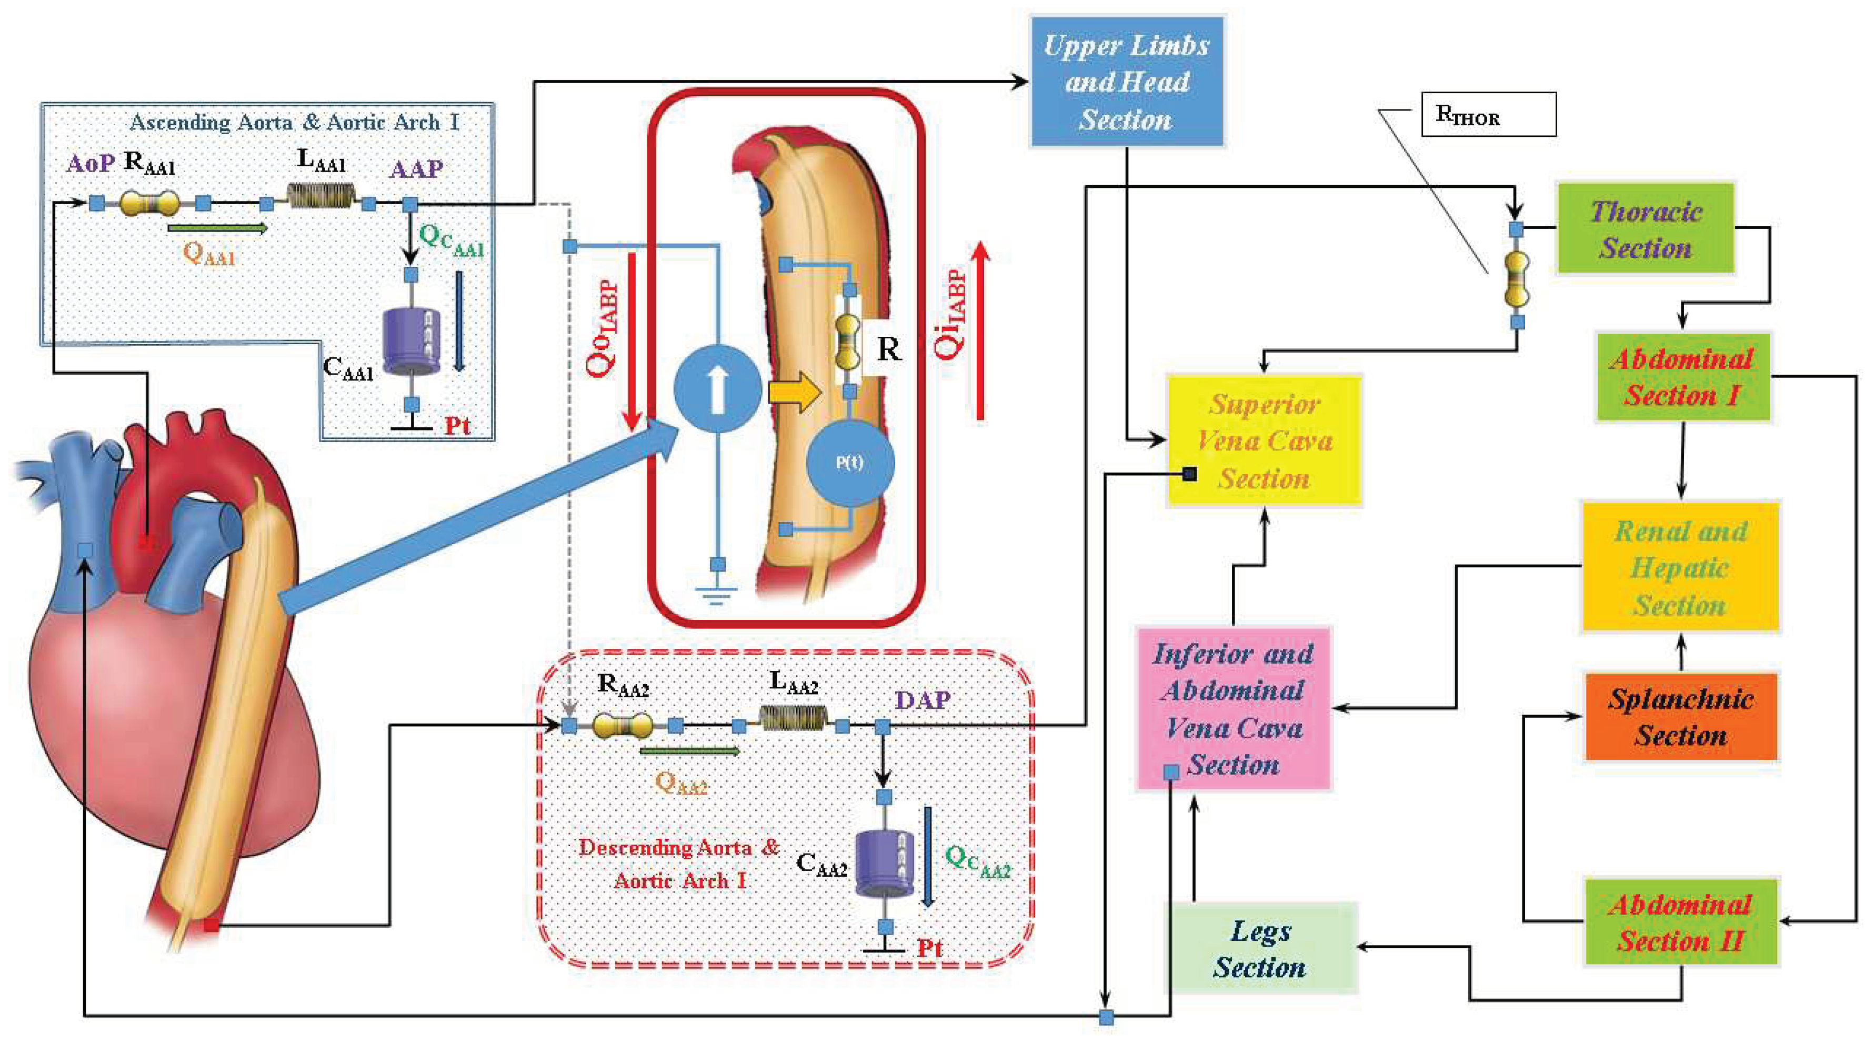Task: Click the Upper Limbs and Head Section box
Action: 1127,82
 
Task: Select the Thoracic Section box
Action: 1645,229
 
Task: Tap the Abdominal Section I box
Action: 1682,376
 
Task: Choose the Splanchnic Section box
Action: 1680,717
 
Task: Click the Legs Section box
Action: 1260,948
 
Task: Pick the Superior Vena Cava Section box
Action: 1264,440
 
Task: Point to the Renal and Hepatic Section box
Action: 1680,567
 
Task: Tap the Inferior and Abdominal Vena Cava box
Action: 1233,708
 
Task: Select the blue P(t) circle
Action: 850,462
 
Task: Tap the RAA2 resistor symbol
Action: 622,725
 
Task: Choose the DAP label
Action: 923,700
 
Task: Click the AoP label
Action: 90,164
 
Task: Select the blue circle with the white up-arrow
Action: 717,389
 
